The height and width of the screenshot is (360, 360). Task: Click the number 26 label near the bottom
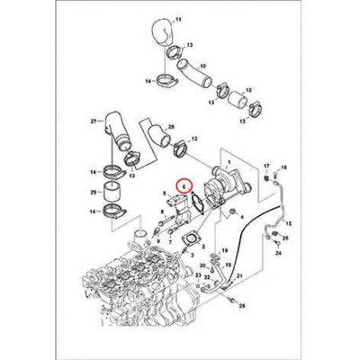(241, 307)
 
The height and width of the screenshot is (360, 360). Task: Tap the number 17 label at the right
(265, 167)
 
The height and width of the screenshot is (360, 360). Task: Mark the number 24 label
(276, 255)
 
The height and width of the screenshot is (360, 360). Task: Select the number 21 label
(192, 267)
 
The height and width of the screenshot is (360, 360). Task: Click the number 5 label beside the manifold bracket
(164, 193)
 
